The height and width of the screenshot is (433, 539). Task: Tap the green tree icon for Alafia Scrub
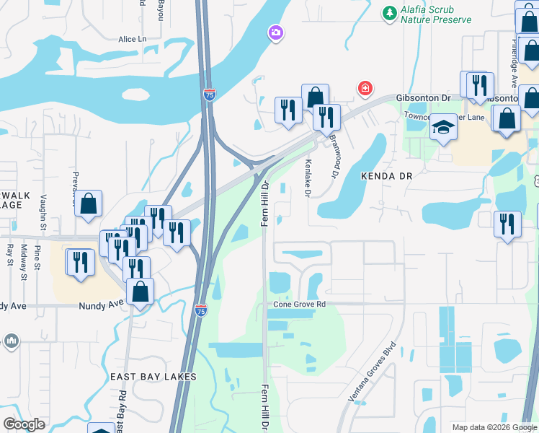coord(390,13)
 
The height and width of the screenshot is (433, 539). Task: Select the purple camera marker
coord(275,32)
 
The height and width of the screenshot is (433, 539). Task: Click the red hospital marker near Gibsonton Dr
coord(365,88)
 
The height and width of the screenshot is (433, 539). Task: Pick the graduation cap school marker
coord(443,128)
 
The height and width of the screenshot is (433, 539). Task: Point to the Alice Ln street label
coord(132,38)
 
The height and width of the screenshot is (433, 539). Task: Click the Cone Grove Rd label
coord(300,305)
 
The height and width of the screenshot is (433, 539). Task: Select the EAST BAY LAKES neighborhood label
coord(153,377)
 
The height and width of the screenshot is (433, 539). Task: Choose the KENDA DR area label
coord(386,176)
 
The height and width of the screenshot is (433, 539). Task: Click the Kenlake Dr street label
coord(308,178)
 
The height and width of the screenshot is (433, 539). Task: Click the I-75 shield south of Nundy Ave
coord(201,310)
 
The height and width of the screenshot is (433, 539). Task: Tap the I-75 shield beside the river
coord(208,95)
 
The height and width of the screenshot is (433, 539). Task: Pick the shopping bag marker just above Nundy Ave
coord(140,292)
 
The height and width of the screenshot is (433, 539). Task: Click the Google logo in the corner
coord(24,424)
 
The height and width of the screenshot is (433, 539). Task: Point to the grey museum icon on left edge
coord(11,340)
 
